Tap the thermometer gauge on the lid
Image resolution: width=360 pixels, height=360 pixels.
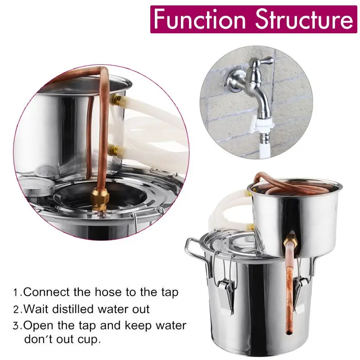pos(34,184)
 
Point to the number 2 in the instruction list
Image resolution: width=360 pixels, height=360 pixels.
pos(16,310)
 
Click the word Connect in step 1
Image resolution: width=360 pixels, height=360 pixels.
pos(43,292)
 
